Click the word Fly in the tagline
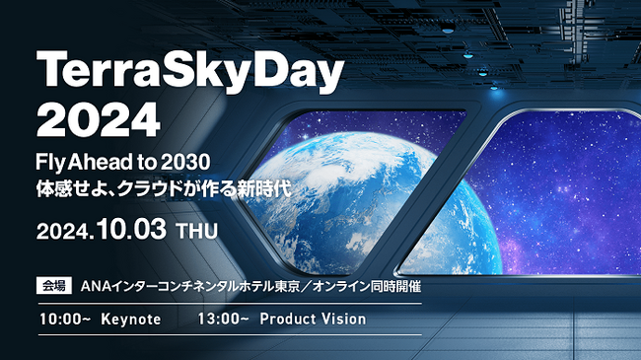click(51, 162)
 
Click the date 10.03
click(129, 231)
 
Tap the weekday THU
click(196, 233)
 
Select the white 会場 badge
click(53, 287)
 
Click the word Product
click(291, 320)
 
